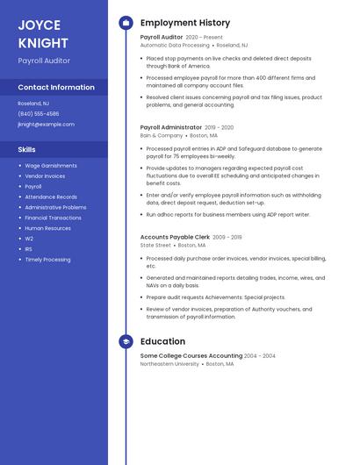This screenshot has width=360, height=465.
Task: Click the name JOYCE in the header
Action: coord(40,25)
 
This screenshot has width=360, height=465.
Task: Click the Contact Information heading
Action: coord(56,88)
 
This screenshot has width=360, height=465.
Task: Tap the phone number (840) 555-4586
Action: coord(39,114)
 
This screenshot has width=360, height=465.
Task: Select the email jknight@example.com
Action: coord(47,125)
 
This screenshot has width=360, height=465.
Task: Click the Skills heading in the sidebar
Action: coord(27,149)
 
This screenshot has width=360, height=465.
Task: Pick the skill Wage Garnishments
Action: coord(51,166)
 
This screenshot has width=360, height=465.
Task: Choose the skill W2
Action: coord(29,239)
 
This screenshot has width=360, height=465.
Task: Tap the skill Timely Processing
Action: coord(47,260)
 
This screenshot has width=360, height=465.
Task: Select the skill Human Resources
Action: coord(47,228)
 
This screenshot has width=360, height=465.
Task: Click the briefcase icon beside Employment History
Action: coord(126,23)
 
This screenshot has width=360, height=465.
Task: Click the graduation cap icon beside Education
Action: coord(126,341)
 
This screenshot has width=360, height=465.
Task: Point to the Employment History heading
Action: coord(185,23)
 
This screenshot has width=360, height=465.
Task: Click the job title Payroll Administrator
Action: coord(170,127)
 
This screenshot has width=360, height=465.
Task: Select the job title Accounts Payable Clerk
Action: coord(175,237)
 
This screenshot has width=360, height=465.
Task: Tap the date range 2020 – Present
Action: coord(204,38)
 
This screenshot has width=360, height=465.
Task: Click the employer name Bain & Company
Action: coord(162,136)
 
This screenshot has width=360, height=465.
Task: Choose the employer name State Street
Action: coord(155,246)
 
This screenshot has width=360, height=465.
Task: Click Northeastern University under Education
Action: coord(169,363)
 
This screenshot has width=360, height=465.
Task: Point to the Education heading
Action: coord(162,341)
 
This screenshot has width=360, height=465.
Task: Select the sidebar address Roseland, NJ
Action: coord(33,104)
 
